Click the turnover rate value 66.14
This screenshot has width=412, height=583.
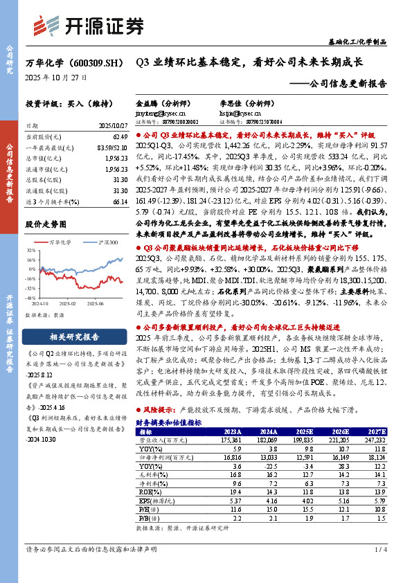120,201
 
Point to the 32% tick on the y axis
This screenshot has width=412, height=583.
32,252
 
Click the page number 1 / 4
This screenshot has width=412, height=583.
379,549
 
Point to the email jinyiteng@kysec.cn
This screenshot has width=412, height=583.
160,111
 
